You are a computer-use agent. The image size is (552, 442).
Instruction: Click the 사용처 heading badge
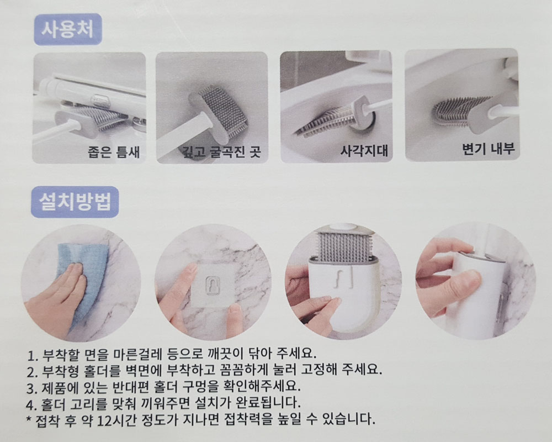[x=68, y=30]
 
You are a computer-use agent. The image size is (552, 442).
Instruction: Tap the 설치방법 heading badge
[x=75, y=202]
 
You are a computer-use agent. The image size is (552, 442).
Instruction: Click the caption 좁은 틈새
[x=114, y=151]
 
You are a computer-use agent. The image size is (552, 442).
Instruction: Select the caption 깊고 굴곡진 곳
[x=221, y=151]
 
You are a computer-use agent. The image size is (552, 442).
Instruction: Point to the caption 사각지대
[x=364, y=150]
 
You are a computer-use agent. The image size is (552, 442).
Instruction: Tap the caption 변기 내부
[x=488, y=149]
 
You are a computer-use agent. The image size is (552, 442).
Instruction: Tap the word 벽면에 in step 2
[x=144, y=370]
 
